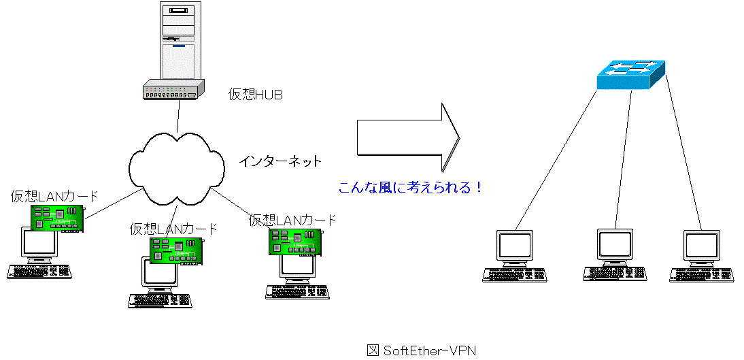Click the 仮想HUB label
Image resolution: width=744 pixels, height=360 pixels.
(x=255, y=95)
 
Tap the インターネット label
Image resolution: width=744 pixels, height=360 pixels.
(x=280, y=162)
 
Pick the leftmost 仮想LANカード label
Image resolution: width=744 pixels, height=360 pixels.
(x=54, y=197)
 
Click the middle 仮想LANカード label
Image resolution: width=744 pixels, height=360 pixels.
(x=173, y=229)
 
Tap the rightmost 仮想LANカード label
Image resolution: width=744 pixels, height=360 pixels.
(x=292, y=220)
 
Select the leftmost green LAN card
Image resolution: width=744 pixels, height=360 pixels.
(x=56, y=218)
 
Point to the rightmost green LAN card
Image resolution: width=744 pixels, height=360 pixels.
(x=295, y=242)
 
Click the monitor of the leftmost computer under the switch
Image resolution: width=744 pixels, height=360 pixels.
(x=515, y=247)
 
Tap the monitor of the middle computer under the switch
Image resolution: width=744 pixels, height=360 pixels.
(x=615, y=244)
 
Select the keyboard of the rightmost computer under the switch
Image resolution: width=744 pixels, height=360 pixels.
(x=703, y=273)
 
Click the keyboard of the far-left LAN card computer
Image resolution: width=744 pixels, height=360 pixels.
(x=39, y=271)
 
